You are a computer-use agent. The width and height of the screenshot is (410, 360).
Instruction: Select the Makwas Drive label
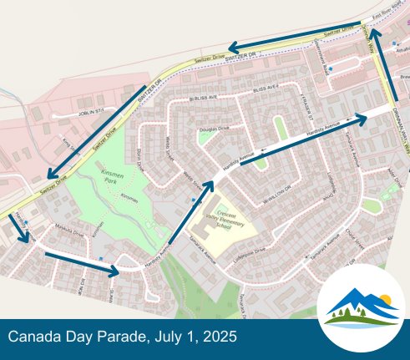click(x=57, y=225)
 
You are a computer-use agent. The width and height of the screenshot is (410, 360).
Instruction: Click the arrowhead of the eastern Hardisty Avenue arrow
click(x=362, y=118)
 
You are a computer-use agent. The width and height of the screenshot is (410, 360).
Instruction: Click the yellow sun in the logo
click(x=384, y=298)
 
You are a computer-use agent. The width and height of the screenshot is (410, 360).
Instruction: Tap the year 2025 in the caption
click(x=220, y=337)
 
